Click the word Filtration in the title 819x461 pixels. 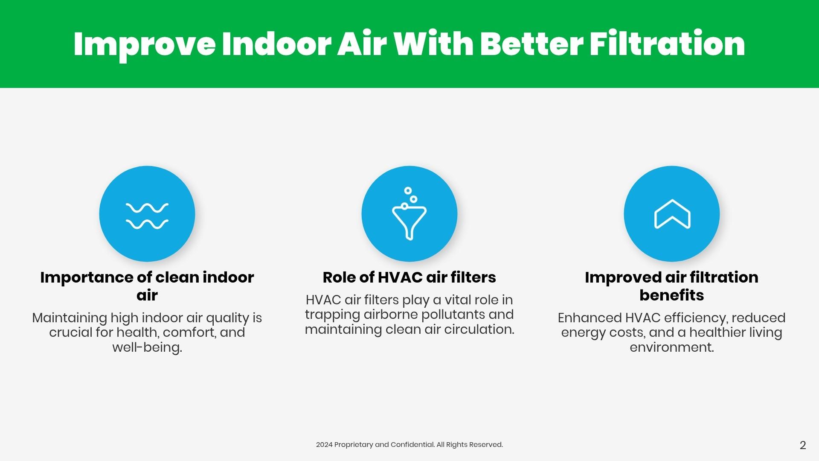point(668,44)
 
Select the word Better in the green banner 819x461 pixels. point(531,44)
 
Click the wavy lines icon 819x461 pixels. point(147,216)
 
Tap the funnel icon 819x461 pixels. point(409,213)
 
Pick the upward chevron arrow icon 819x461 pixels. point(672,214)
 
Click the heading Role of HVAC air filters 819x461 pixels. point(409,277)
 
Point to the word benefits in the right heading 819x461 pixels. point(672,295)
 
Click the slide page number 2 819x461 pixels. point(803,445)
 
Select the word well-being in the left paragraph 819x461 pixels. point(147,347)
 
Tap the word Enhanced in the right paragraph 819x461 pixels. point(590,318)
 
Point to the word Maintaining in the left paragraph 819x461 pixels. point(70,318)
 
